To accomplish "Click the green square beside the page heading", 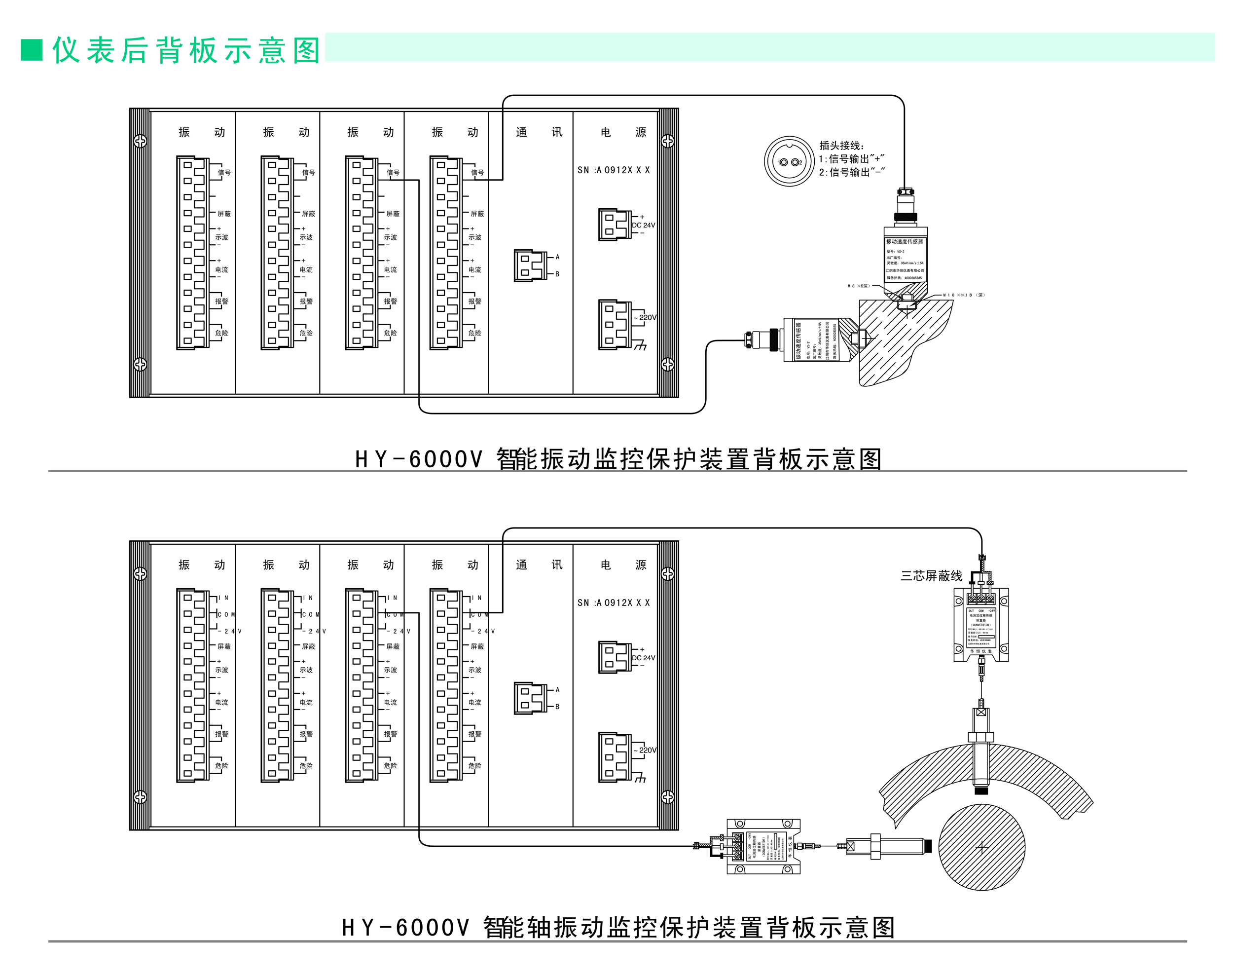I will point(32,50).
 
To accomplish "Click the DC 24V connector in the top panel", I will point(614,225).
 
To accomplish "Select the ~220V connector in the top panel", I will point(614,324).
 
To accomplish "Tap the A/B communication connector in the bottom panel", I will point(530,698).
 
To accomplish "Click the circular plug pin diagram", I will point(789,162).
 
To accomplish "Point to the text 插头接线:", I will point(841,146).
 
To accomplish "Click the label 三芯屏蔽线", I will point(931,576).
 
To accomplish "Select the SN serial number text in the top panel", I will point(613,170).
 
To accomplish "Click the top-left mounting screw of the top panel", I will point(140,141).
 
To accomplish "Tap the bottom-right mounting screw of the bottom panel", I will point(667,796).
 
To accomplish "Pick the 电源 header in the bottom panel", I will point(623,565).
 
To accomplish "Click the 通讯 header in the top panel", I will point(539,132).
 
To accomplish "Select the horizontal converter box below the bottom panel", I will point(763,846).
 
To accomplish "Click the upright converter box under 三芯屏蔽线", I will point(981,625).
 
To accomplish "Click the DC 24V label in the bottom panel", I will point(643,658).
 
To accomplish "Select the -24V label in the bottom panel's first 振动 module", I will point(229,631).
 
